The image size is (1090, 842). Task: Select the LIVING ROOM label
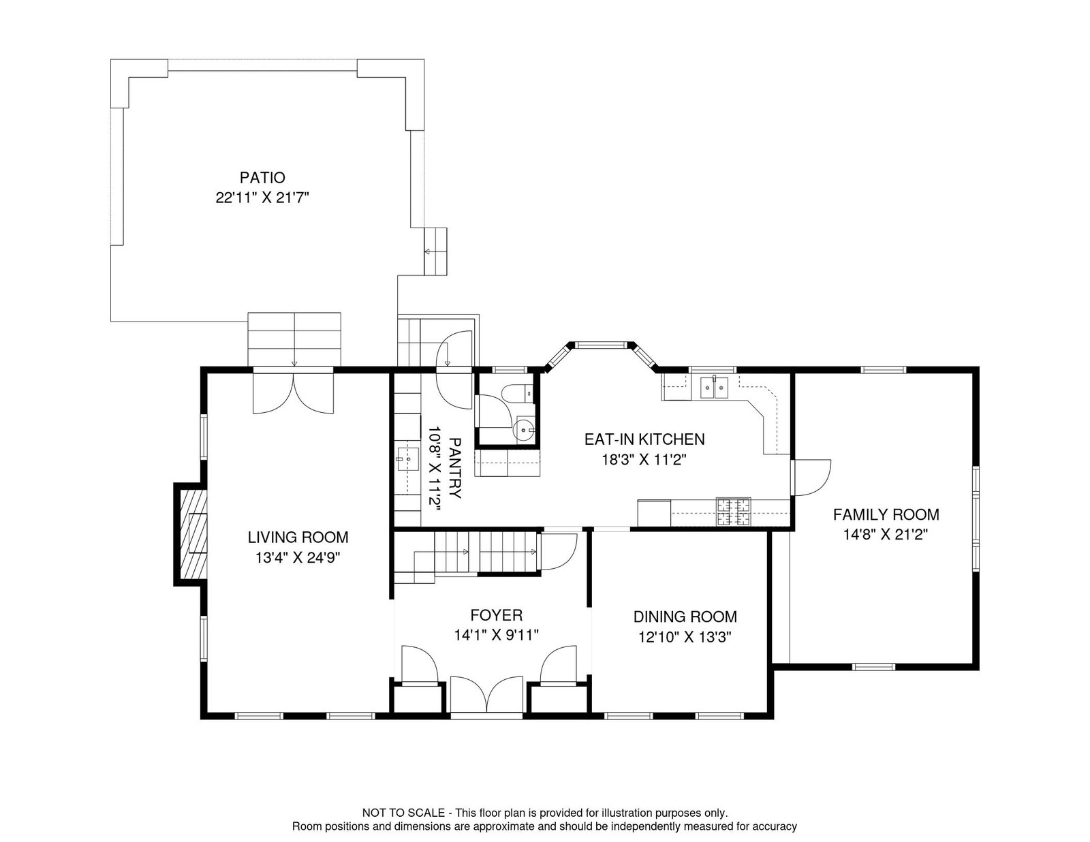(x=298, y=537)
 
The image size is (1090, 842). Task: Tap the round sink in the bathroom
(x=524, y=429)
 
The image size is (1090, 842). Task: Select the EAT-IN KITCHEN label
(x=644, y=439)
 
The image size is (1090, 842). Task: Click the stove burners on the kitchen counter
(x=733, y=512)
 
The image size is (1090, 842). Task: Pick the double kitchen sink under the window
(x=713, y=388)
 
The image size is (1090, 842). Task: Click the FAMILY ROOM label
(x=886, y=514)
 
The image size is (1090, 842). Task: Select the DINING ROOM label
(x=685, y=617)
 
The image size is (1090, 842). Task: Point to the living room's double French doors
(x=293, y=394)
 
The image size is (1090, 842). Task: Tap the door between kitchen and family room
(x=811, y=476)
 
